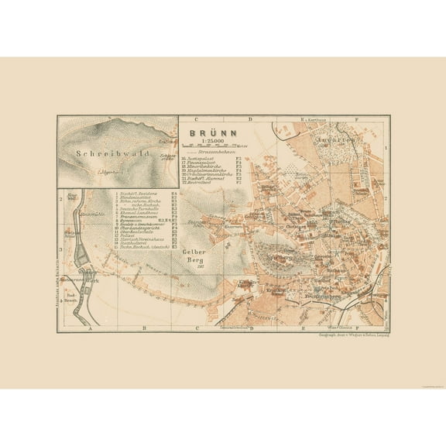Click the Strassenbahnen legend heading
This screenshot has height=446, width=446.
click(x=207, y=151)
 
